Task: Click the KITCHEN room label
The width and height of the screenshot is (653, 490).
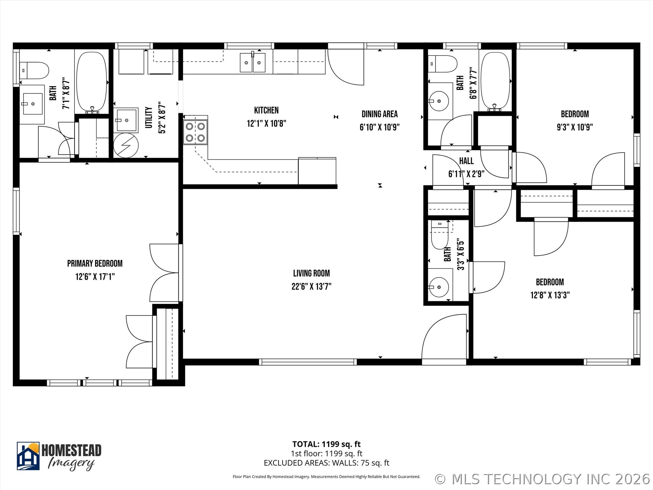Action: pos(266,110)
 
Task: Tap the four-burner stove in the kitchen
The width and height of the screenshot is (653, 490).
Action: pos(195,132)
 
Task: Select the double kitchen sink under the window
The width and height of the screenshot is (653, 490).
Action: pos(252,63)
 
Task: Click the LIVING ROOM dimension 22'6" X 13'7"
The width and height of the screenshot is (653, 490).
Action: pos(311,287)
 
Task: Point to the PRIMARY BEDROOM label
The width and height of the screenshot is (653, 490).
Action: pos(95,263)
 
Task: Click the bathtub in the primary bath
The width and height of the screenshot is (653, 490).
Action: pos(91,82)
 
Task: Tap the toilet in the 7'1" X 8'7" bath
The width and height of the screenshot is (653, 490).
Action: pos(34,70)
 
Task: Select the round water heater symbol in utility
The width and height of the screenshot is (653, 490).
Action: pos(126,145)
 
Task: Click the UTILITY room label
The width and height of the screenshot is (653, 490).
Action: pos(149,117)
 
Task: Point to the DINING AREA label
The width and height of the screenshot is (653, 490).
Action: pos(379,114)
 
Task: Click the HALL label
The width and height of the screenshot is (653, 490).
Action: pos(466,161)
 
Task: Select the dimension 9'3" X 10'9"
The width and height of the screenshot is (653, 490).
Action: pos(574,127)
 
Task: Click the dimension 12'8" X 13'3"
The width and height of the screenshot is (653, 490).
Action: pos(550,295)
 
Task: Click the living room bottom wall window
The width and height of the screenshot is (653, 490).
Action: pos(308,362)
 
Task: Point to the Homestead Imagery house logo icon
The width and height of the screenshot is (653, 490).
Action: pos(28,456)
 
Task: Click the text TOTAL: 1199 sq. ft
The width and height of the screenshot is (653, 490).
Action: pos(326,444)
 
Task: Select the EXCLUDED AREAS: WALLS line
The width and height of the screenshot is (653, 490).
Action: pos(326,463)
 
